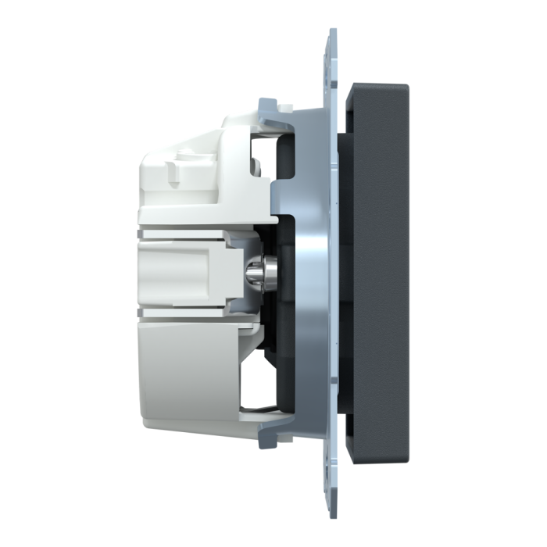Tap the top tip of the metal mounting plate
332,33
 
